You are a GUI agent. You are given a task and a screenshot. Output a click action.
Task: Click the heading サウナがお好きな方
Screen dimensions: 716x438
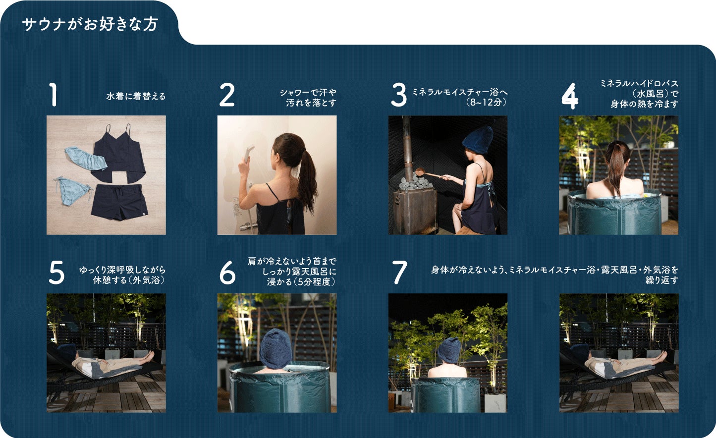tap(90, 24)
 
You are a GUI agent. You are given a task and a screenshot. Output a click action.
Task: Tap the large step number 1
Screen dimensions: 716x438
tap(53, 95)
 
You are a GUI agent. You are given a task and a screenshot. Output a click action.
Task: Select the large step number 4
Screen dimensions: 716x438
tap(570, 96)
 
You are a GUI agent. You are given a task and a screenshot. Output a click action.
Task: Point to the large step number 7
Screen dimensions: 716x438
tap(400, 273)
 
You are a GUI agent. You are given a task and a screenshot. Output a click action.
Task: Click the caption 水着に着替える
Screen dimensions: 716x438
tap(136, 96)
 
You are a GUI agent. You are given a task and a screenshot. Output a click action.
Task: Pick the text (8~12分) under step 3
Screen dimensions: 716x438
tap(486, 102)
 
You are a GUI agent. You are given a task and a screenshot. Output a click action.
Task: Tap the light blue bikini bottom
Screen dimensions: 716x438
tap(71, 191)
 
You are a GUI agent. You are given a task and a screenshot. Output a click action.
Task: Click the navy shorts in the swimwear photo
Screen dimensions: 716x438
tap(119, 202)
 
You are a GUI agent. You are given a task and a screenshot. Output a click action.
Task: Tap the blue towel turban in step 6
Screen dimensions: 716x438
tap(276, 348)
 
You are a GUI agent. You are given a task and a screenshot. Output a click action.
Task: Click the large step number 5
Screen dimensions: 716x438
tap(56, 273)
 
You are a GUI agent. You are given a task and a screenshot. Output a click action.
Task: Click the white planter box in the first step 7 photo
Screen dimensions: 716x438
tap(495, 402)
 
